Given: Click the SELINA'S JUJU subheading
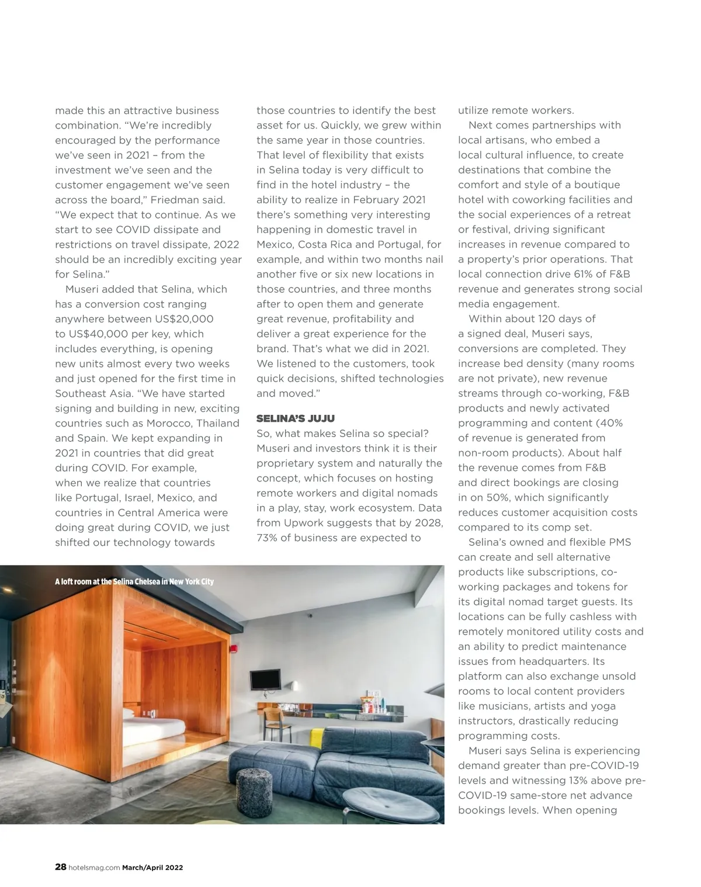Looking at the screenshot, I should click(295, 418).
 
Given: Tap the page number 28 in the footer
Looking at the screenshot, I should click(60, 867).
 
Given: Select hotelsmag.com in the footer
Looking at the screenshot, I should click(94, 868).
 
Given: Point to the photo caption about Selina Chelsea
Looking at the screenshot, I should click(134, 581).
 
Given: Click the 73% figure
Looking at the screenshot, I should click(268, 538).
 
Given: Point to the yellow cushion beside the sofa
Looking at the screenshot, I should click(318, 738).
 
